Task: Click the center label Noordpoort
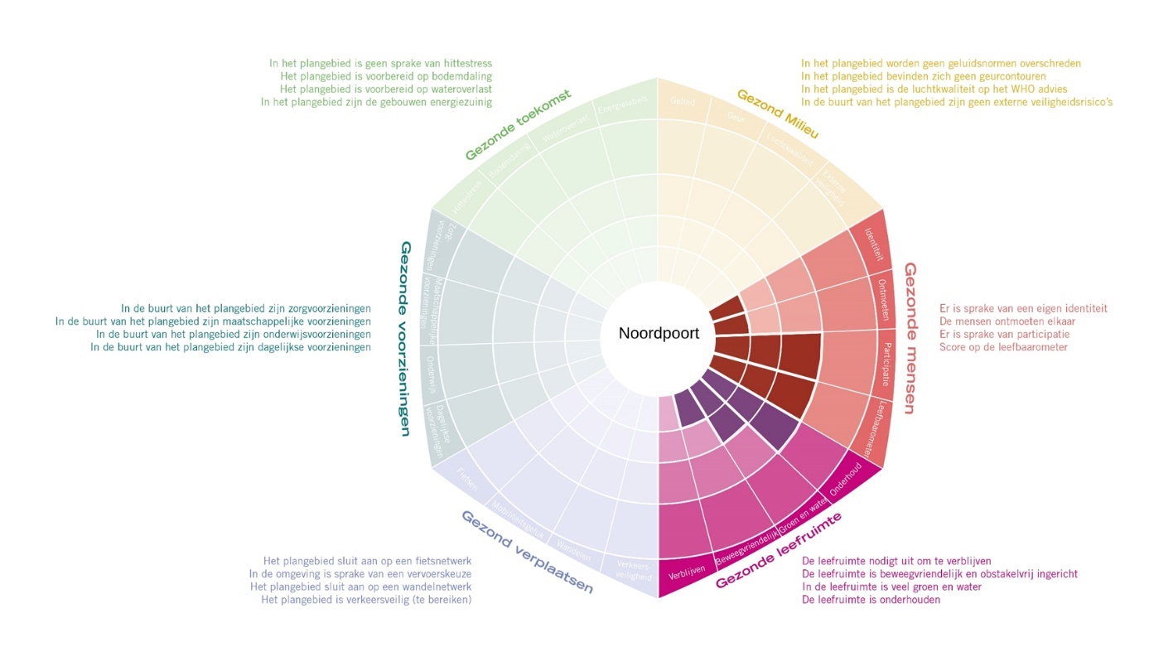659,334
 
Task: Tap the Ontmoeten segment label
884,299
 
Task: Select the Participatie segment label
886,365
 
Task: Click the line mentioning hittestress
380,63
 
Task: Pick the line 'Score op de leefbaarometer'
1003,347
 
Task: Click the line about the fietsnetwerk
367,561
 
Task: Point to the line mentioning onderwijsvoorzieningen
233,335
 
